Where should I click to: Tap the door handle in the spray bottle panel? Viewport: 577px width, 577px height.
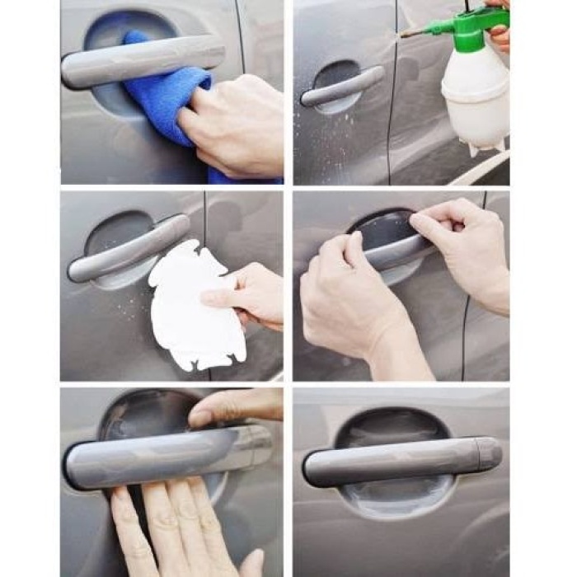pos(342,86)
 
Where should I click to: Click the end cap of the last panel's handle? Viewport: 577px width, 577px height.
pos(490,453)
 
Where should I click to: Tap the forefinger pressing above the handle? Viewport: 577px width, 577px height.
pos(235,408)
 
